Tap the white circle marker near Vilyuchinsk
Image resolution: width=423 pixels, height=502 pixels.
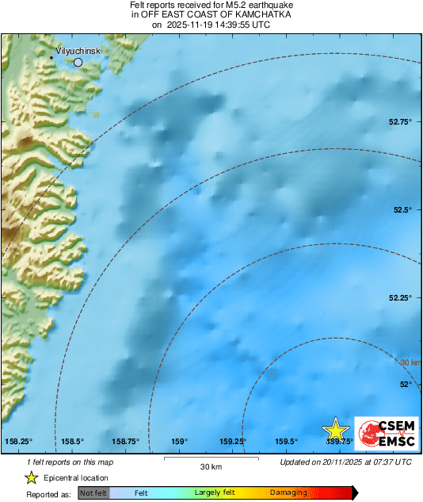click(78, 61)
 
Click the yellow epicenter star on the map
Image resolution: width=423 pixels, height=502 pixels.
click(336, 430)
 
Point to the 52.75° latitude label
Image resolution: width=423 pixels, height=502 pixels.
click(399, 122)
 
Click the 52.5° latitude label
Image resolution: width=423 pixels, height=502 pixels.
click(402, 210)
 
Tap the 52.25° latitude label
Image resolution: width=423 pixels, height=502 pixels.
click(399, 297)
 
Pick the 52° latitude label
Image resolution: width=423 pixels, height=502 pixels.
click(406, 385)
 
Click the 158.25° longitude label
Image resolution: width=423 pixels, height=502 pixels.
click(19, 442)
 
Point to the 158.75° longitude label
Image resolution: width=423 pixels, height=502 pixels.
click(125, 442)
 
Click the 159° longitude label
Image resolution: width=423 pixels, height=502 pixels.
click(180, 442)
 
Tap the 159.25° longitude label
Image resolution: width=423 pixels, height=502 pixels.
click(232, 442)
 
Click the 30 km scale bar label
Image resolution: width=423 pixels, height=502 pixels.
click(211, 466)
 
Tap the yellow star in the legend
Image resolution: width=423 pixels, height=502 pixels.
click(32, 477)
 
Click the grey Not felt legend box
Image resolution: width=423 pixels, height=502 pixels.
click(93, 493)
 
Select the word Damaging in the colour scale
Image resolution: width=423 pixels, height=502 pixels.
click(288, 493)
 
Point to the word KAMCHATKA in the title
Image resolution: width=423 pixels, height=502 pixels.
click(264, 15)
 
